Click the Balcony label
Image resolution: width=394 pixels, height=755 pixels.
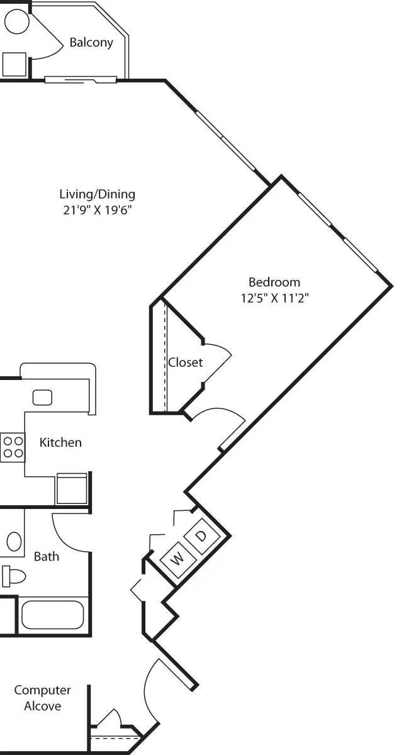tap(91, 43)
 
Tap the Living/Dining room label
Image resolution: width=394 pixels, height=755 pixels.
tap(97, 194)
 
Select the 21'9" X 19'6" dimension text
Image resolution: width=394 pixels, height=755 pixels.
tap(97, 210)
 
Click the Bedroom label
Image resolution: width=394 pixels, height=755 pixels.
tap(274, 282)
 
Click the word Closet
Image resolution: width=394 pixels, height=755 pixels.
tap(185, 362)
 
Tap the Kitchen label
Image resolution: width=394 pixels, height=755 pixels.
tap(60, 442)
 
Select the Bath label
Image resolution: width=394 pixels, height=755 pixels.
tap(47, 556)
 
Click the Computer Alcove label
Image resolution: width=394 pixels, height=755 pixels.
tap(43, 698)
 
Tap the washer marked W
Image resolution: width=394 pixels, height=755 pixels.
tap(178, 557)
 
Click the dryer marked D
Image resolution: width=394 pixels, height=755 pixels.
tap(201, 536)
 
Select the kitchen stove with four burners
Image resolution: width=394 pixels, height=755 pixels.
tap(12, 447)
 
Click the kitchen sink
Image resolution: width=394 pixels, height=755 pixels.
tap(42, 397)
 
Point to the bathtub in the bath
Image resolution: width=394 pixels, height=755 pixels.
tap(52, 615)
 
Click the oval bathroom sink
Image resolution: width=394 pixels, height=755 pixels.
tap(14, 541)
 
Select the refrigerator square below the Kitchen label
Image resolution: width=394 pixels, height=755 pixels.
tap(71, 489)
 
